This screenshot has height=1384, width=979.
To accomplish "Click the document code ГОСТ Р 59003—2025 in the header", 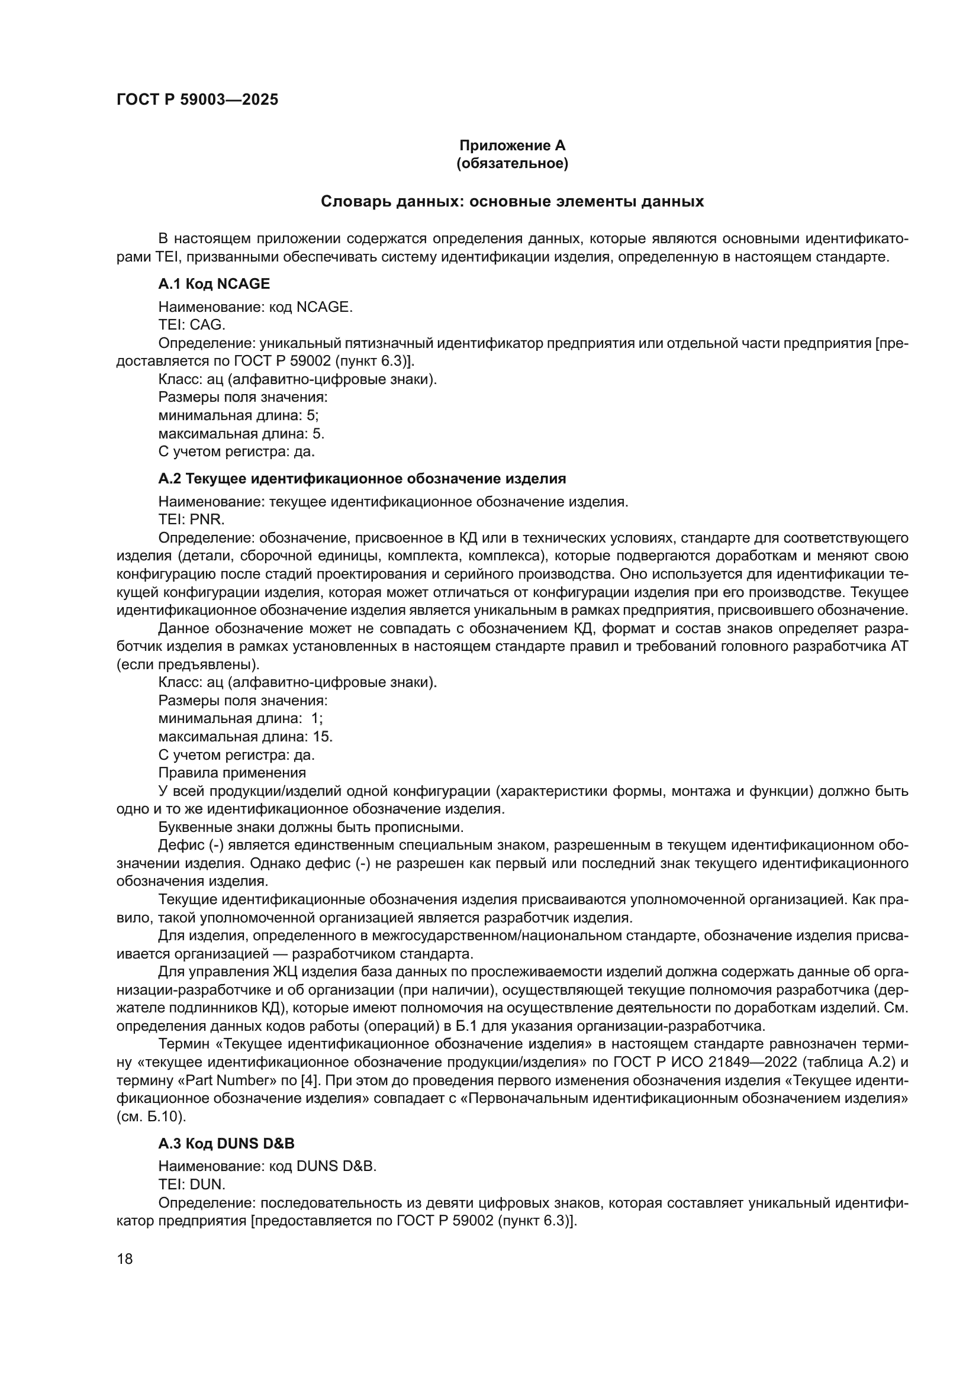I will (x=197, y=99).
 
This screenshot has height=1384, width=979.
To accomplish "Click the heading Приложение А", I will (x=513, y=146).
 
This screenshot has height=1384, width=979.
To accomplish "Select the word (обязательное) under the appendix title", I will (x=513, y=163).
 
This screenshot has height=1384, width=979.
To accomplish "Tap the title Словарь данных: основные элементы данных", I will (x=513, y=201).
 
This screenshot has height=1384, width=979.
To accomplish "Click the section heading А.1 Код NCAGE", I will (x=214, y=283).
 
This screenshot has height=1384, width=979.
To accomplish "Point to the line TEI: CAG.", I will (x=192, y=325).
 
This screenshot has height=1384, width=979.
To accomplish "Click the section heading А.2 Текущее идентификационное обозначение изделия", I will (x=362, y=479).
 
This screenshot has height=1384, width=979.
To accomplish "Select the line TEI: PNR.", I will (x=192, y=519).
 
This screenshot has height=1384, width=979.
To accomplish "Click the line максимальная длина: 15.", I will (x=246, y=737).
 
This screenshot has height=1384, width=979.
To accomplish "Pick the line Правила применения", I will (x=232, y=773).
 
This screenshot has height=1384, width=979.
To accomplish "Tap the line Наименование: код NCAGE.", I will (x=256, y=307).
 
